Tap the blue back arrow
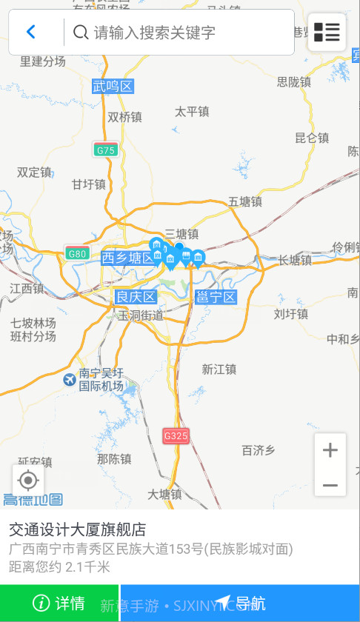(31, 32)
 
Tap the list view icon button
(327, 32)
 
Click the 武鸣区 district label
(113, 87)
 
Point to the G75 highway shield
(105, 150)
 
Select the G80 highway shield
(77, 253)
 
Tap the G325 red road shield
(176, 436)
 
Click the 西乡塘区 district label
(129, 258)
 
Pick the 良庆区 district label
(136, 297)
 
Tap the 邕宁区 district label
(216, 298)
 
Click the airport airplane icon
(70, 380)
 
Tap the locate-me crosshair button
(28, 481)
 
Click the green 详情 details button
(59, 603)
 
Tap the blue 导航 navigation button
(240, 603)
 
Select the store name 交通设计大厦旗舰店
(77, 529)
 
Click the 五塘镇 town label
(245, 201)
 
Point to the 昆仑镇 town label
(311, 138)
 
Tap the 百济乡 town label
(259, 449)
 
